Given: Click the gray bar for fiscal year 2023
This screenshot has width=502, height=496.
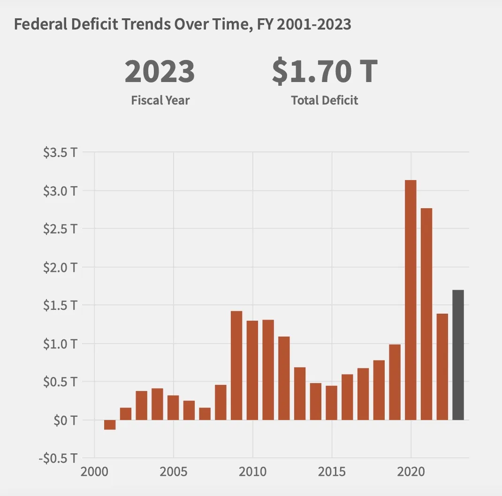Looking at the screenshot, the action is pyautogui.click(x=458, y=355).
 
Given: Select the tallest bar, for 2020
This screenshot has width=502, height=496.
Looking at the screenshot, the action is pyautogui.click(x=411, y=300).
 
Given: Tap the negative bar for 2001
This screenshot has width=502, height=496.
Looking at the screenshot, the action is pyautogui.click(x=110, y=425).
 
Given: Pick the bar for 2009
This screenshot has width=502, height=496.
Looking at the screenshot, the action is pyautogui.click(x=236, y=366).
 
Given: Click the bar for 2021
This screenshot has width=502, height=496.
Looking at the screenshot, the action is pyautogui.click(x=426, y=314).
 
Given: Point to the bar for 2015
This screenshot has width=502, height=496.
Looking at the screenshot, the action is pyautogui.click(x=331, y=403).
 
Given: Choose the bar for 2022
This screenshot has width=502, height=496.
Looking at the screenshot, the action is pyautogui.click(x=442, y=367).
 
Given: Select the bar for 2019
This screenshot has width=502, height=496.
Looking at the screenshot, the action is pyautogui.click(x=395, y=382).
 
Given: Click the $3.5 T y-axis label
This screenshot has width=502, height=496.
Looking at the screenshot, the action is pyautogui.click(x=60, y=152).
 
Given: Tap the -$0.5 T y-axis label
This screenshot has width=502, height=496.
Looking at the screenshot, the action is pyautogui.click(x=58, y=458).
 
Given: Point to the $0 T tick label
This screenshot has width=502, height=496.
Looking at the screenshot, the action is pyautogui.click(x=65, y=420).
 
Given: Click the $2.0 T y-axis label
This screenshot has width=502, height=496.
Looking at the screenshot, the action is pyautogui.click(x=60, y=267).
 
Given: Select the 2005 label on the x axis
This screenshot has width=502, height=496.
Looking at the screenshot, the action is pyautogui.click(x=173, y=472).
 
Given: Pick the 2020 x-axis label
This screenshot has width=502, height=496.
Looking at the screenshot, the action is pyautogui.click(x=411, y=472).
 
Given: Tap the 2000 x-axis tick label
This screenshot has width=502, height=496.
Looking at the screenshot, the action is pyautogui.click(x=94, y=472).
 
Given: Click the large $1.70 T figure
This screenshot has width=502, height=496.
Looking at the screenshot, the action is pyautogui.click(x=325, y=71).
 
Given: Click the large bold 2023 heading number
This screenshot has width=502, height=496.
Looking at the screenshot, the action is pyautogui.click(x=160, y=71).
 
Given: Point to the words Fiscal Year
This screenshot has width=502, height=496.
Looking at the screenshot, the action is pyautogui.click(x=160, y=100).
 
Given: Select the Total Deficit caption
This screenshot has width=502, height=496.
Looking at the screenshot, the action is pyautogui.click(x=324, y=100).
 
